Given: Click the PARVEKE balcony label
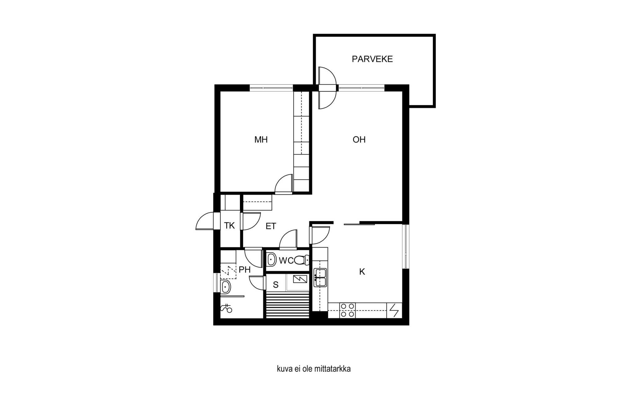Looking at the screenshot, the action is pos(372,59).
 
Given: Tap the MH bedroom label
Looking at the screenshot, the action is pos(261,140).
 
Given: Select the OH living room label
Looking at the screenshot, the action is pos(359,140).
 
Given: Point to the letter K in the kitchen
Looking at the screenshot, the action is pos(362,272).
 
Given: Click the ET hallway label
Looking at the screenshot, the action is pos(271,226).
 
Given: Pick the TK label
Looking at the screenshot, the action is pos(229,226).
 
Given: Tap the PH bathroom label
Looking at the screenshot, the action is pos(245,270).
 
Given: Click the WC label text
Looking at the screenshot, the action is pos(286,261).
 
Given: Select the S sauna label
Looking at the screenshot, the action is pos(276,285).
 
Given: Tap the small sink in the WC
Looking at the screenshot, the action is pos(272,260).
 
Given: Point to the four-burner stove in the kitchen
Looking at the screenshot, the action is pos(348,310).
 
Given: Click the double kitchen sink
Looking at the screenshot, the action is pos(320,278).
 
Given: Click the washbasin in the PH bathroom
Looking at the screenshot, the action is pos(225,287).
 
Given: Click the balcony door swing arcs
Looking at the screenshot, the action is pos(327,88).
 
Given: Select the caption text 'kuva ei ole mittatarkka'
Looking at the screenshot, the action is pos(314,369).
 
